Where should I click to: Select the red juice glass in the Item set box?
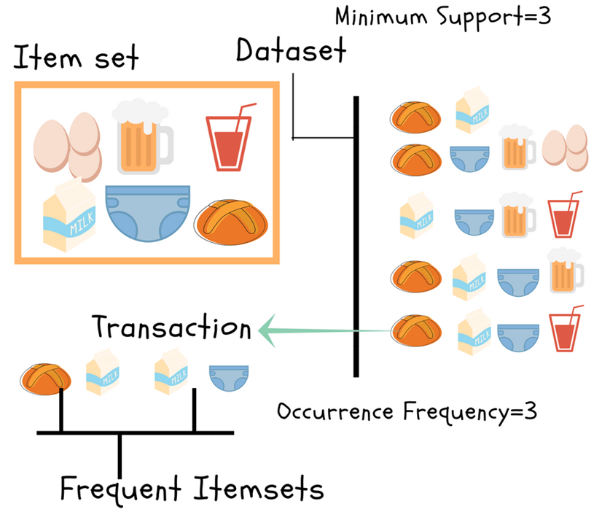(x=229, y=139)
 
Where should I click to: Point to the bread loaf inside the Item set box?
(x=233, y=222)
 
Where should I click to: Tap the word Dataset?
(x=291, y=52)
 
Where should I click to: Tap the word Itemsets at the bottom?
(x=258, y=487)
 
